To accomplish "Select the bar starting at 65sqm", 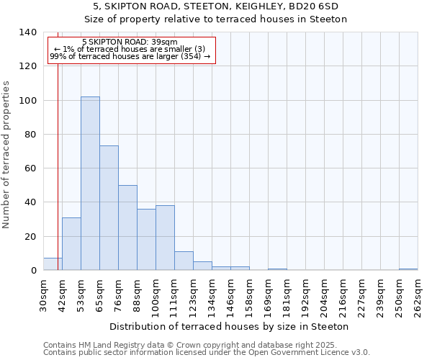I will pyautogui.click(x=109, y=208).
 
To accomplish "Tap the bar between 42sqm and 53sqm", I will pyautogui.click(x=71, y=244).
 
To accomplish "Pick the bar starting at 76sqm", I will pyautogui.click(x=127, y=228).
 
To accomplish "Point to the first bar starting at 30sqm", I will pyautogui.click(x=53, y=264).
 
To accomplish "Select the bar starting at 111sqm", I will pyautogui.click(x=184, y=261).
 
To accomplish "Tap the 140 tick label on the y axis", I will pyautogui.click(x=27, y=32).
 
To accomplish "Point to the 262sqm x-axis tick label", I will pyautogui.click(x=418, y=296).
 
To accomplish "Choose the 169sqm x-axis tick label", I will pyautogui.click(x=268, y=296).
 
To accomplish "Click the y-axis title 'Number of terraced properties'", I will pyautogui.click(x=6, y=155).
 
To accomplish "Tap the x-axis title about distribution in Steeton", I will pyautogui.click(x=230, y=326).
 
